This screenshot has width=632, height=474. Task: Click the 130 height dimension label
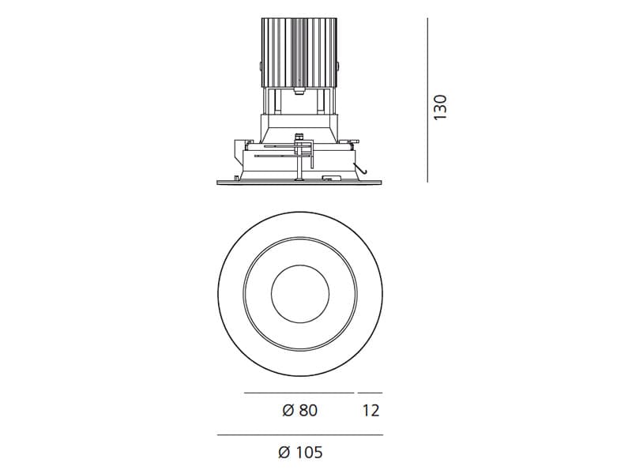pyautogui.click(x=441, y=107)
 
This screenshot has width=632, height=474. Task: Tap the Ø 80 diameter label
pyautogui.click(x=300, y=410)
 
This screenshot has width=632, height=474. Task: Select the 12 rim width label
pyautogui.click(x=371, y=410)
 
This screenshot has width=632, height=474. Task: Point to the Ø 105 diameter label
pyautogui.click(x=301, y=452)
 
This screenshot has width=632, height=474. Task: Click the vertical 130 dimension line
pyautogui.click(x=427, y=100)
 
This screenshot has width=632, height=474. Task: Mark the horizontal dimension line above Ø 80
pyautogui.click(x=299, y=393)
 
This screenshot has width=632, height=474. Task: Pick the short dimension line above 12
pyautogui.click(x=370, y=393)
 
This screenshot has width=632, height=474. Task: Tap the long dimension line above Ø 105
pyautogui.click(x=300, y=435)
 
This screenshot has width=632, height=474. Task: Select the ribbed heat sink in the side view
pyautogui.click(x=299, y=53)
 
